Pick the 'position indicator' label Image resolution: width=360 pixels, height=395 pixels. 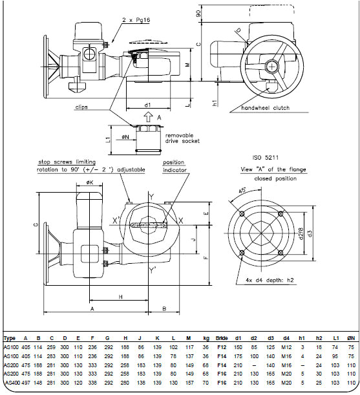[174, 166]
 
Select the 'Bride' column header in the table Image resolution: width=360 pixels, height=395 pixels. [222, 338]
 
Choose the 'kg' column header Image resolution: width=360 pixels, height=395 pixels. [206, 338]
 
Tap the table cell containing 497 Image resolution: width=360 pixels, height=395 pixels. [26, 383]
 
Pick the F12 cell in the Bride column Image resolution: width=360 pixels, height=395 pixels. [222, 347]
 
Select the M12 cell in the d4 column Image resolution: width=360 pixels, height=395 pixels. [285, 347]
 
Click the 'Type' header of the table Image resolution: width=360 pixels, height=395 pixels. [10, 338]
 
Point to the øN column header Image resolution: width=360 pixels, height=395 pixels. [351, 338]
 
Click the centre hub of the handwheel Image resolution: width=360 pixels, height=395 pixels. [274, 66]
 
